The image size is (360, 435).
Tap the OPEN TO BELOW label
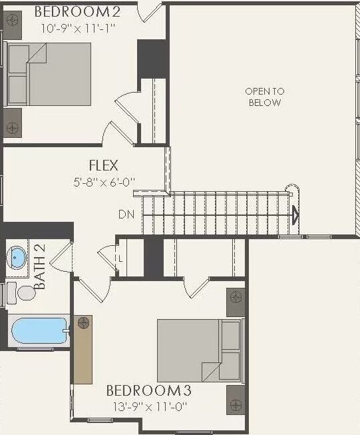tap(264, 97)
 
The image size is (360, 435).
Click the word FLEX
tap(104, 165)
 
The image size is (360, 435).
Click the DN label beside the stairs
tap(126, 215)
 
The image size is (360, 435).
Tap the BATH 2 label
tap(41, 267)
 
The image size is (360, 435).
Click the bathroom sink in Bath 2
tap(17, 257)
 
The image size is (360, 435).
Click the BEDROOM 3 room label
tap(152, 390)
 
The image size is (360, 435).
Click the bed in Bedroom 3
tap(199, 350)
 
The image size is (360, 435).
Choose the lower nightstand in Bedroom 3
tap(236, 399)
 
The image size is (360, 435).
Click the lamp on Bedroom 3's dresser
tap(83, 323)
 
